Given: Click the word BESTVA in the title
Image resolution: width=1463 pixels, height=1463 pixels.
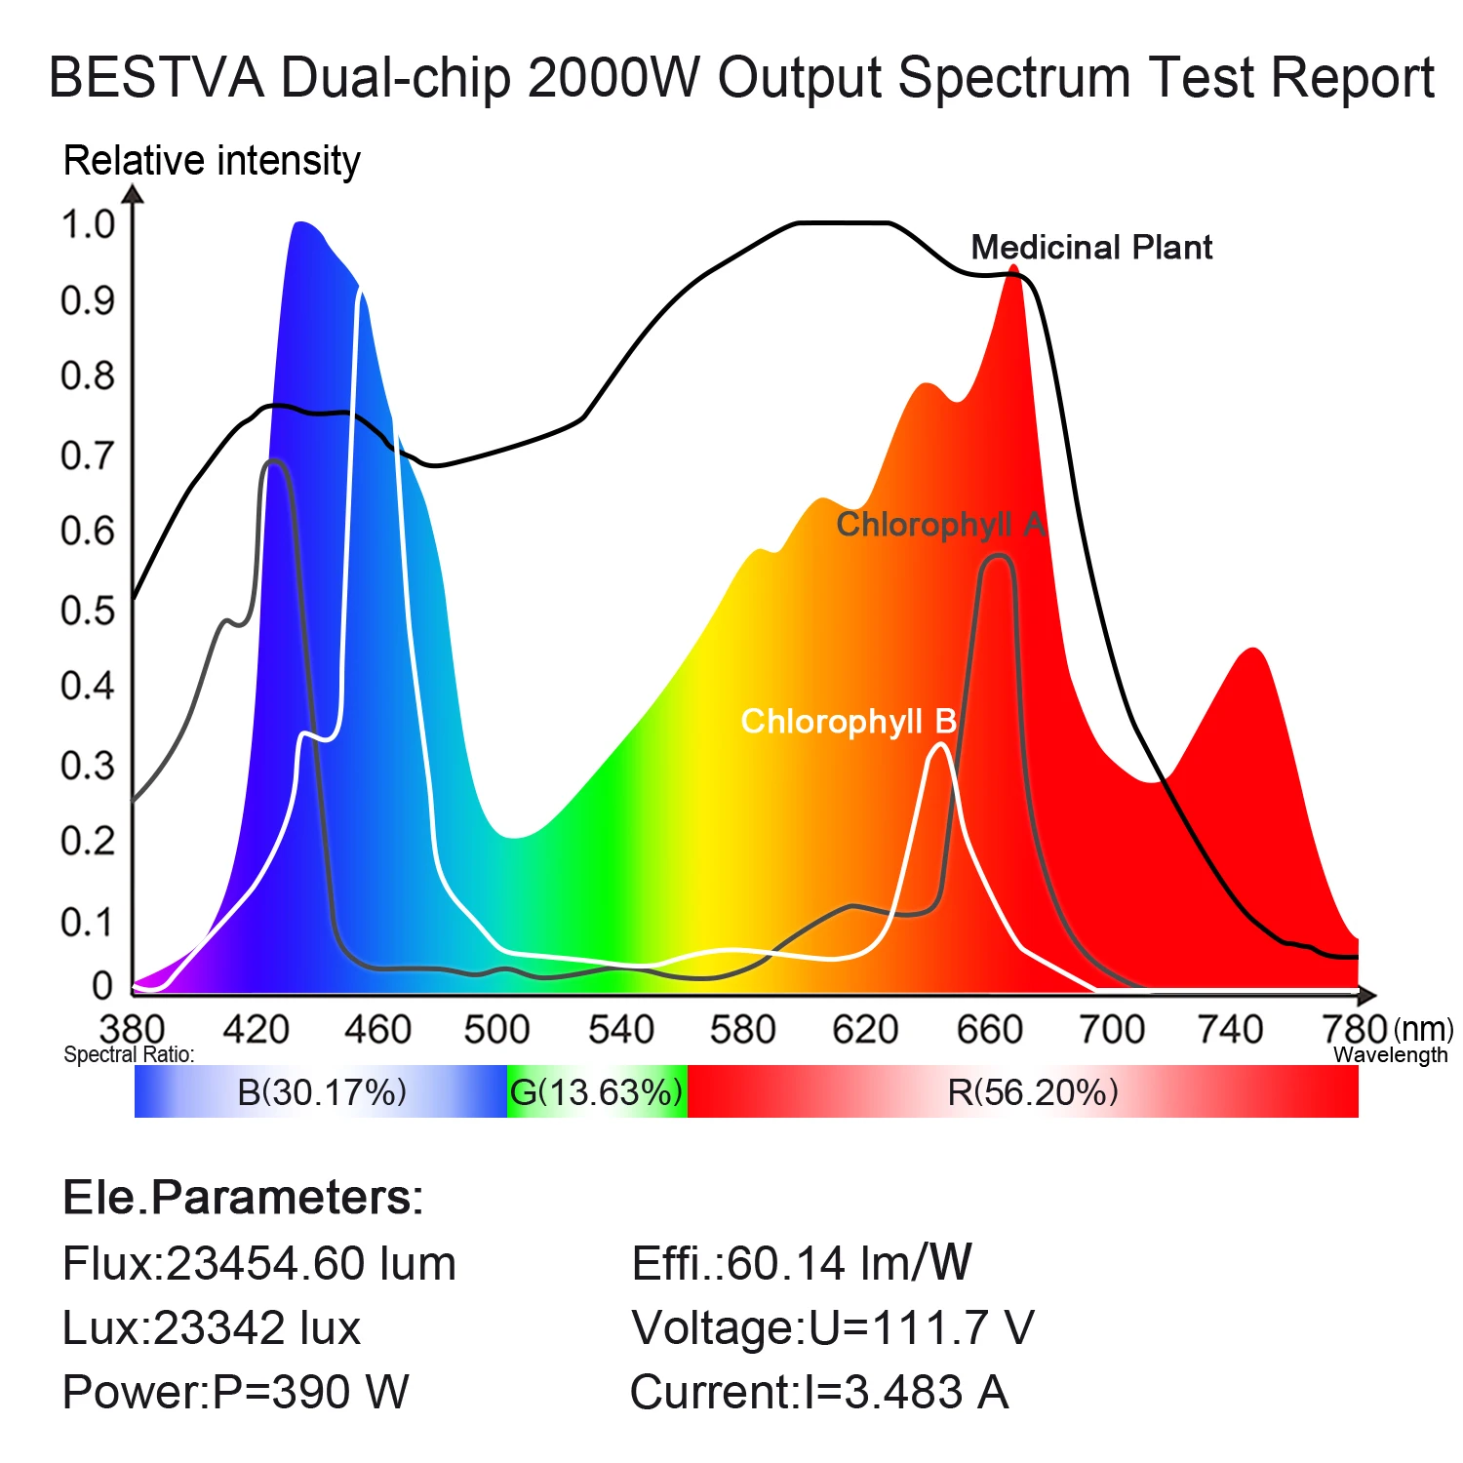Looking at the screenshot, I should [x=156, y=78].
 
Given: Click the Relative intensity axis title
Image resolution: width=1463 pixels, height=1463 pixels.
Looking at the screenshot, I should [x=212, y=161].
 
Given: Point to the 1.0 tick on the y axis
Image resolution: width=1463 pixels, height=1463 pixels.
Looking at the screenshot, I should [x=88, y=224].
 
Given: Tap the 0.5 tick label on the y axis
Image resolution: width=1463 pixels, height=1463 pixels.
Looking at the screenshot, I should [x=88, y=611].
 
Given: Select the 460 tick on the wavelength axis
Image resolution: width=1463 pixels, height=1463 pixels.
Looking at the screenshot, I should [x=377, y=1029].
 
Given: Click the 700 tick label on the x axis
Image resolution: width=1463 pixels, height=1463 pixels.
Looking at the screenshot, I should [x=1112, y=1029].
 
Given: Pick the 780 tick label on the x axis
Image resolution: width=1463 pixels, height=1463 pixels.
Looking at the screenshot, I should [x=1354, y=1029].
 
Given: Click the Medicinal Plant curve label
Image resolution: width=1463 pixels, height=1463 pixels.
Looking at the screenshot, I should [x=1091, y=248].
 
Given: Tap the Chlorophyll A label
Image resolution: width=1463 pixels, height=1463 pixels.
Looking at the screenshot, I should [x=941, y=525].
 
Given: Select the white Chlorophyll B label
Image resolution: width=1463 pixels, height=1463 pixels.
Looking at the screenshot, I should [x=849, y=722].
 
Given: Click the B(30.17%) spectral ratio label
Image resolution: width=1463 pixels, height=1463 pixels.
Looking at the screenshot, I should [x=322, y=1092].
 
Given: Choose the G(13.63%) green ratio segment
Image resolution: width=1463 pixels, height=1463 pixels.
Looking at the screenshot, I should [x=596, y=1092].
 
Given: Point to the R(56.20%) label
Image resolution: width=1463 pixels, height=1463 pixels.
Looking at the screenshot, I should [x=1033, y=1092].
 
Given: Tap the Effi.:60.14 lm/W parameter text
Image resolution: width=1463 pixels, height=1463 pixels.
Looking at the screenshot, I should [x=802, y=1264].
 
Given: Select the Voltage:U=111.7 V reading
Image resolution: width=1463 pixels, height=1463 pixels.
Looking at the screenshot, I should [x=832, y=1328].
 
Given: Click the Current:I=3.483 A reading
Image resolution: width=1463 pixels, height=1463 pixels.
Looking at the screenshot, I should [x=819, y=1393].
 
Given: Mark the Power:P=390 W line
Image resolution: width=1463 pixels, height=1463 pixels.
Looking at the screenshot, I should [x=235, y=1393].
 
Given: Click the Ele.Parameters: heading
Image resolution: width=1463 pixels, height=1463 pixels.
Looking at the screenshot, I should [x=243, y=1198].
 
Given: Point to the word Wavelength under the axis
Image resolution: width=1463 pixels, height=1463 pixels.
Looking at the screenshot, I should [x=1390, y=1055].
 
